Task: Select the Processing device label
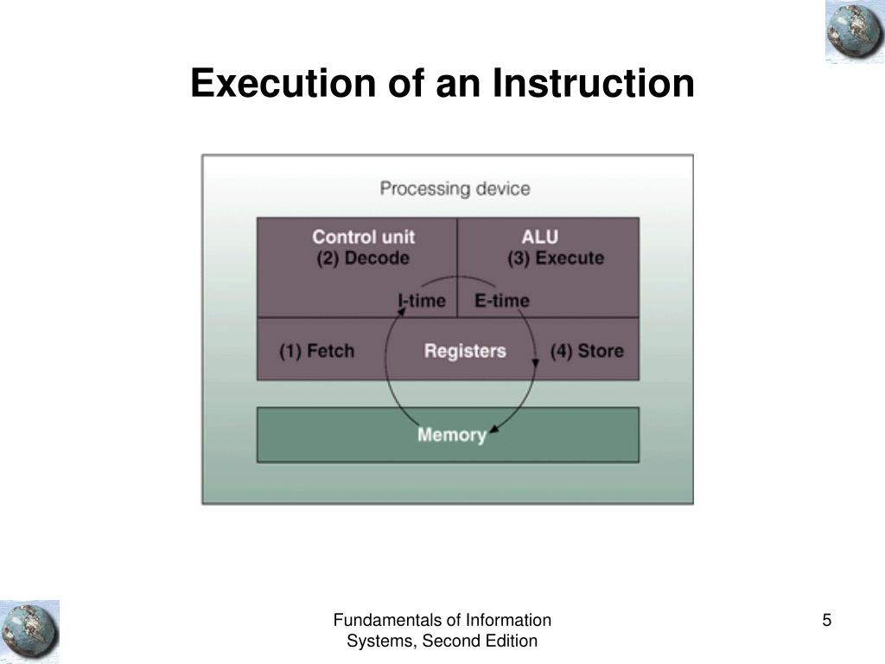click(x=455, y=188)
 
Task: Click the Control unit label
click(x=363, y=237)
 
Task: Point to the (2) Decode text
click(x=363, y=258)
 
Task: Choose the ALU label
click(x=539, y=237)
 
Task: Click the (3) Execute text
click(x=555, y=258)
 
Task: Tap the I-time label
click(x=423, y=301)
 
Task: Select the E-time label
click(x=502, y=301)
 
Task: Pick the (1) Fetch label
click(x=316, y=351)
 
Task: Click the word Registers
click(x=465, y=351)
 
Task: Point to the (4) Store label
click(x=587, y=351)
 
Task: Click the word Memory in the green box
click(x=451, y=434)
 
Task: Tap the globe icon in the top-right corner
click(x=854, y=32)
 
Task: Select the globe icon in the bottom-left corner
click(x=29, y=631)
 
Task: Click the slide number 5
click(x=827, y=620)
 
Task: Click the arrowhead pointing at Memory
click(x=493, y=428)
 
